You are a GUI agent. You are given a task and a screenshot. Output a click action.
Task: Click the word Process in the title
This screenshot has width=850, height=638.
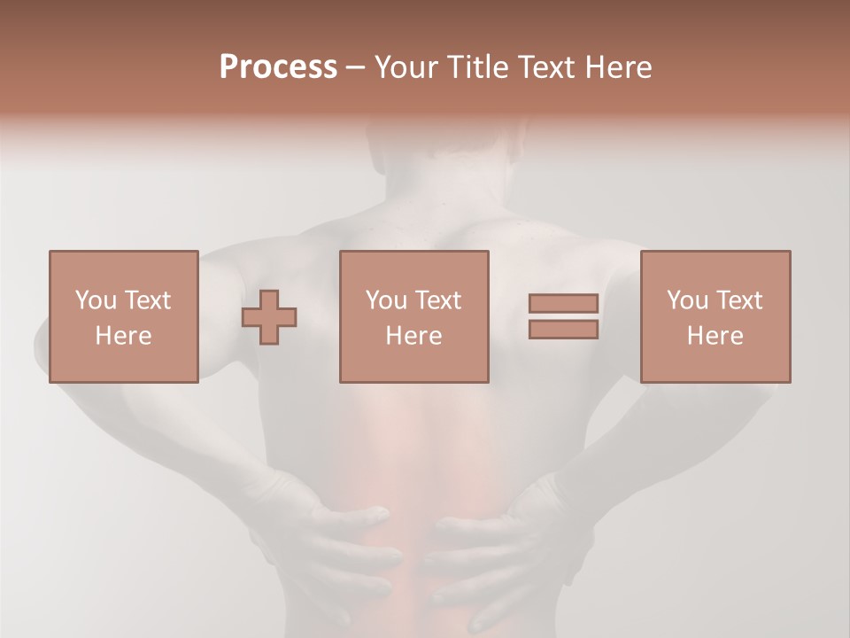[x=278, y=67]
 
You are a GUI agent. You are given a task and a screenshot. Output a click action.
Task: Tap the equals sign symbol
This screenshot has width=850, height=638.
[x=563, y=316]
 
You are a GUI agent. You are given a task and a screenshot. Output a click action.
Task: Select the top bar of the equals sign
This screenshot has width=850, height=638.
[x=563, y=304]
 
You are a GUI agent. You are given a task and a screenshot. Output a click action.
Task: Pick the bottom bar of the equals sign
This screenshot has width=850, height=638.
[x=563, y=330]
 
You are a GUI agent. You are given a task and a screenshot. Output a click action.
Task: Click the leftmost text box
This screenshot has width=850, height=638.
[x=123, y=316]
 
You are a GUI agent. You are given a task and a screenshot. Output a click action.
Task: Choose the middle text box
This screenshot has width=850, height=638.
[x=413, y=316]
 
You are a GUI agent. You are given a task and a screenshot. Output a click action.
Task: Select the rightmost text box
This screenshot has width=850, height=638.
[x=715, y=316]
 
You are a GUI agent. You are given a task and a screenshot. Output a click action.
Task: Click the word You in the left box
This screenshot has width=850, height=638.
[x=96, y=300]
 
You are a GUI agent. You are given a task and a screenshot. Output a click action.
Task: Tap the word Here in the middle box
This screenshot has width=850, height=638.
[x=413, y=336]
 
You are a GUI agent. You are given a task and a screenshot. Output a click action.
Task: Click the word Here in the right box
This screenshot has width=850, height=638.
[x=715, y=336]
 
